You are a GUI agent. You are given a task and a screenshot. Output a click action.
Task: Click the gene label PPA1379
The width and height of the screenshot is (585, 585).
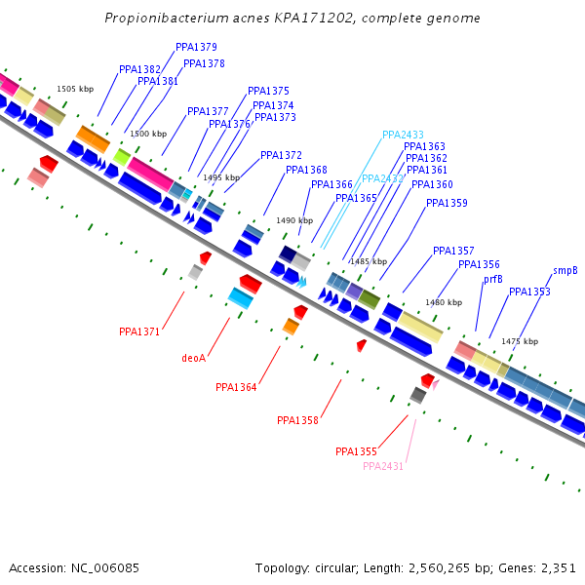point(196,47)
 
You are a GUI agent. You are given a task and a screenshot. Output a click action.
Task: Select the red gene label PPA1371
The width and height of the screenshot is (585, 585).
point(139,331)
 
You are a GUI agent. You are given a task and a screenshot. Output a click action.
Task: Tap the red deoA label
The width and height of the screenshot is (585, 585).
point(194,358)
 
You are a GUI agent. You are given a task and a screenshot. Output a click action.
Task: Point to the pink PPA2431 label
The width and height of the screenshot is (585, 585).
point(383,466)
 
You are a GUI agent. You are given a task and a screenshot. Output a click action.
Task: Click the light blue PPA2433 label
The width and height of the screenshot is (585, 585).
point(403,135)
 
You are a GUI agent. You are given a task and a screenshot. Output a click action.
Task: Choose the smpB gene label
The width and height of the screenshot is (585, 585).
point(565,270)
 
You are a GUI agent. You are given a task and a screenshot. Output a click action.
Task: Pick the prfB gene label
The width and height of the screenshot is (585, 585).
point(493,279)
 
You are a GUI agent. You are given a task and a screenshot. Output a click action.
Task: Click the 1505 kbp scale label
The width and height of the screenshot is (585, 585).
point(75,89)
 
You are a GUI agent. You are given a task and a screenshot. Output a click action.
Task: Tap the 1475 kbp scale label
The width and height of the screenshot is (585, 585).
point(520,341)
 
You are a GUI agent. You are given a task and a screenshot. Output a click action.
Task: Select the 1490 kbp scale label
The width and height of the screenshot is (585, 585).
point(293,220)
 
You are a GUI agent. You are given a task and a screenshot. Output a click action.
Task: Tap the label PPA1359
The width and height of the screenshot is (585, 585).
point(447,203)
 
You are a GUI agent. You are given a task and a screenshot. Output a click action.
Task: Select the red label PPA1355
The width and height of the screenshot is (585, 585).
point(356,451)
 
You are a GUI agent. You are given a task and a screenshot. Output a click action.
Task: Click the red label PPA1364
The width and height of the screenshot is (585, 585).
point(236,387)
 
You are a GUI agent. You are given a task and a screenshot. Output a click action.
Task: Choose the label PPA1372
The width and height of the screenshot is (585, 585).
point(281,155)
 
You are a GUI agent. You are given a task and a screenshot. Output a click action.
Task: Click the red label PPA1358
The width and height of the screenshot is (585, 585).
point(297,420)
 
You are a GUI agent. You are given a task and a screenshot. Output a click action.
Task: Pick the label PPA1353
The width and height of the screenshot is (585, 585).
point(529,292)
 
